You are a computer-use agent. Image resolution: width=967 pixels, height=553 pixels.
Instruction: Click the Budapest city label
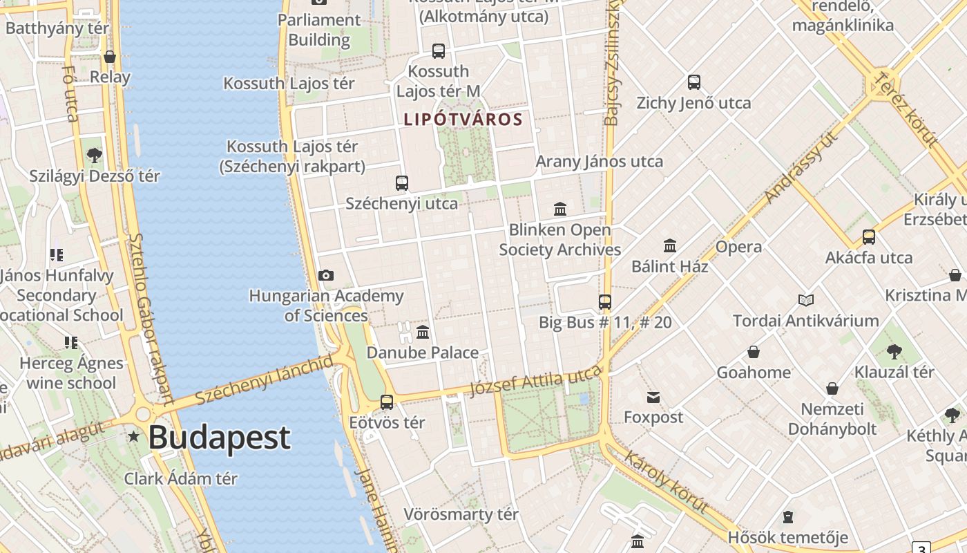pyautogui.click(x=219, y=438)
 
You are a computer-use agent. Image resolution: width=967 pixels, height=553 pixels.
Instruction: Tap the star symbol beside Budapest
pyautogui.click(x=133, y=436)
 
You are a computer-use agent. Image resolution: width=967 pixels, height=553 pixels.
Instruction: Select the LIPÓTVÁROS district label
pyautogui.click(x=463, y=119)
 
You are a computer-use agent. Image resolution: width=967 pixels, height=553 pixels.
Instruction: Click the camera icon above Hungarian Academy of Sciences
pyautogui.click(x=326, y=275)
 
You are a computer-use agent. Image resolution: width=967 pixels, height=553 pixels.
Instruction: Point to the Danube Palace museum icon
pyautogui.click(x=423, y=332)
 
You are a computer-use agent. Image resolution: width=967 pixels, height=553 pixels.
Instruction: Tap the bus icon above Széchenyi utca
pyautogui.click(x=402, y=183)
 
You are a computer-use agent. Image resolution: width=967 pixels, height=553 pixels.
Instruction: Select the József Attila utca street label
pyautogui.click(x=535, y=380)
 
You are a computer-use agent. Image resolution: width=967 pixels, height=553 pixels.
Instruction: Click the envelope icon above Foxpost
pyautogui.click(x=653, y=397)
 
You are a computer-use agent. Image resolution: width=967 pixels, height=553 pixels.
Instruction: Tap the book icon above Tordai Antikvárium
pyautogui.click(x=805, y=300)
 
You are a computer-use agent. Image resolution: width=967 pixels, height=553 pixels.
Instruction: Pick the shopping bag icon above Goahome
pyautogui.click(x=754, y=352)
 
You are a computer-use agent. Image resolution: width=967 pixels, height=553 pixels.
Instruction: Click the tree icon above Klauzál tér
pyautogui.click(x=894, y=351)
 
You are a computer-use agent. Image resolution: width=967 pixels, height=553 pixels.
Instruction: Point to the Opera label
pyautogui.click(x=738, y=247)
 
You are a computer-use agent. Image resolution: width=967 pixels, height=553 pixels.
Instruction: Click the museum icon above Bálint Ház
pyautogui.click(x=669, y=245)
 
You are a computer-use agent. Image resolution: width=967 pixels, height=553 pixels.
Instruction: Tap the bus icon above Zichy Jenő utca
pyautogui.click(x=694, y=82)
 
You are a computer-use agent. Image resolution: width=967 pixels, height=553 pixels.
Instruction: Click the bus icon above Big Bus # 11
pyautogui.click(x=605, y=301)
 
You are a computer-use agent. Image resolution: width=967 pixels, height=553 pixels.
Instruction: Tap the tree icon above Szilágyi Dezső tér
pyautogui.click(x=95, y=156)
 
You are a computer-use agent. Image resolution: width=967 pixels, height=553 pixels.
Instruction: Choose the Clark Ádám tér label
pyautogui.click(x=181, y=478)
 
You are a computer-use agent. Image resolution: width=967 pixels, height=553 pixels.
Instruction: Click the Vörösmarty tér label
pyautogui.click(x=461, y=514)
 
